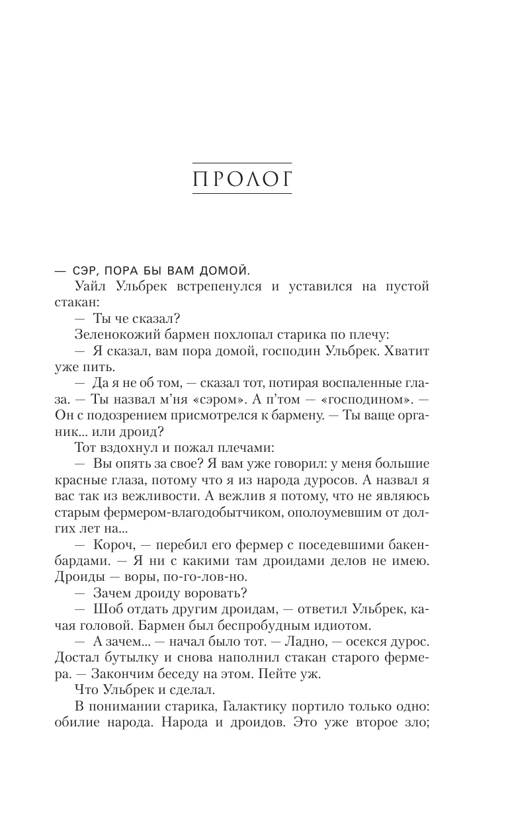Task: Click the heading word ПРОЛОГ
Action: coord(241,178)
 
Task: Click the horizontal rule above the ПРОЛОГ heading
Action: coord(241,162)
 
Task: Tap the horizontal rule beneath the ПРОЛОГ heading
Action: coord(241,193)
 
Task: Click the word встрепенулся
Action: coord(210,286)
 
